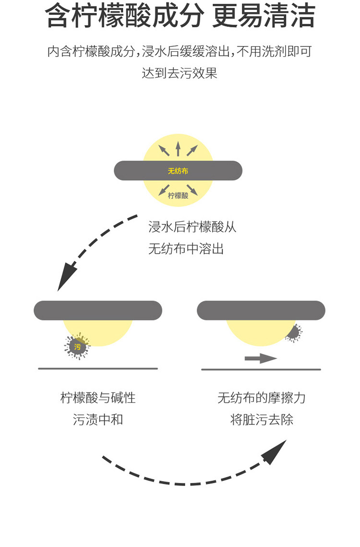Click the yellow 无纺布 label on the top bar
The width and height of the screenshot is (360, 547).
[178, 171]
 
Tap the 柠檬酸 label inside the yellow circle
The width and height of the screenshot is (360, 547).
[178, 195]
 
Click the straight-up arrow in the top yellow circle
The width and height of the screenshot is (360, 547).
[178, 148]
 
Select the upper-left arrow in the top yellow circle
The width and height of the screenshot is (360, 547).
[164, 150]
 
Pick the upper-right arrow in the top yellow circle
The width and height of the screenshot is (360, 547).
[192, 150]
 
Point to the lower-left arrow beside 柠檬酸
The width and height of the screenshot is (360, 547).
[164, 190]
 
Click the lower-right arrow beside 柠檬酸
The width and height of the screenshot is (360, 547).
[192, 190]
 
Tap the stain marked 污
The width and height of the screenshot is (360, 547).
[77, 346]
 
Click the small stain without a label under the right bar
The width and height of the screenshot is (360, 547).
[294, 333]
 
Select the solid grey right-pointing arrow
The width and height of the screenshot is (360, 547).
[261, 358]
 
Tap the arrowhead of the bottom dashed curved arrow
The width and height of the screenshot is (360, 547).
[276, 452]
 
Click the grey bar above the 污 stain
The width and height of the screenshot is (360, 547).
[98, 310]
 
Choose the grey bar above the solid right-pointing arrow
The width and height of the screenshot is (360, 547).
[261, 310]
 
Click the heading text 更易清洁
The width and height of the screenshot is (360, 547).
[264, 16]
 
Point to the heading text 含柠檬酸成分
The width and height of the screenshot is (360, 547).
[124, 16]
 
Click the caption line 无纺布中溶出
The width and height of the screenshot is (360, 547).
[186, 249]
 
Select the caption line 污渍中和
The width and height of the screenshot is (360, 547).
[98, 419]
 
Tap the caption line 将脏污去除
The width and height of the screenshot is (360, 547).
[262, 419]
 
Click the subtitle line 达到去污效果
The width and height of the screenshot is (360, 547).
[180, 73]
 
